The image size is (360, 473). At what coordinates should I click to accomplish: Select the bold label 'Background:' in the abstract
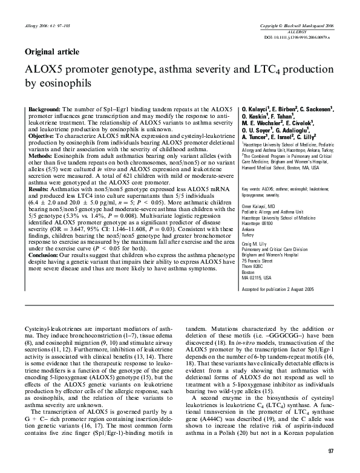coord(44,107)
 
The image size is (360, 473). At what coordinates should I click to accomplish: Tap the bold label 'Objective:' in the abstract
coord(42,137)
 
